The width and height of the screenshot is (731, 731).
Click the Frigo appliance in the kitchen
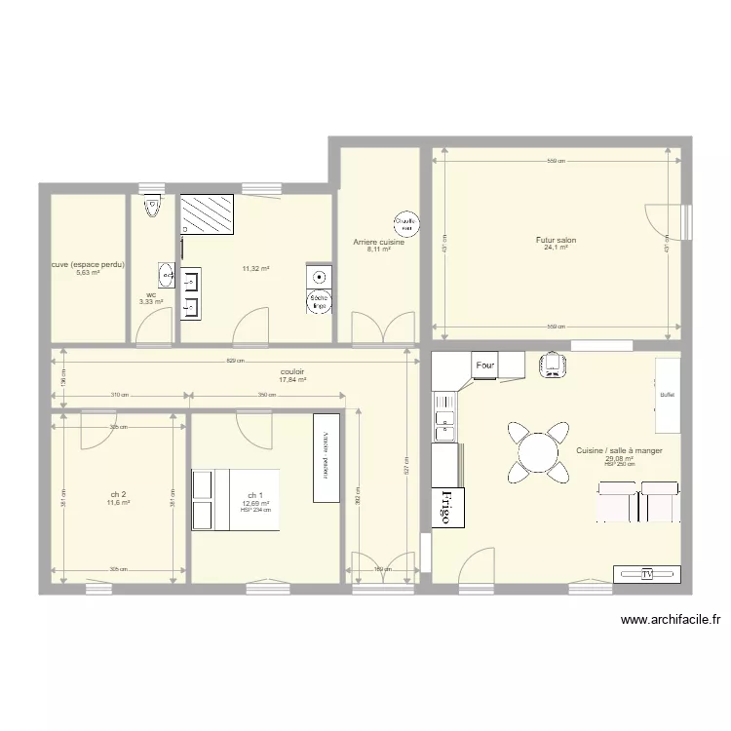446,507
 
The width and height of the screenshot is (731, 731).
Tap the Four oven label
485,365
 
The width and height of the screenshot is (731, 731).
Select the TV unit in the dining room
646,574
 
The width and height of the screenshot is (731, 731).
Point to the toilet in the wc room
151,207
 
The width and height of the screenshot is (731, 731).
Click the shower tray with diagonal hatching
208,214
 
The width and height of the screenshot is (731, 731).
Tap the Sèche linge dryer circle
319,303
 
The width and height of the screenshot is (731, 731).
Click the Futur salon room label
556,240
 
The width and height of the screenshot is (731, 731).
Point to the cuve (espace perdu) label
88,264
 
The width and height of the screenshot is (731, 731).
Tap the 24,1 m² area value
556,248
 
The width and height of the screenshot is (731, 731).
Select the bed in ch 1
236,499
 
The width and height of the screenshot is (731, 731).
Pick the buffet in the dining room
667,395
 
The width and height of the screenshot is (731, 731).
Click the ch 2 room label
117,494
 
